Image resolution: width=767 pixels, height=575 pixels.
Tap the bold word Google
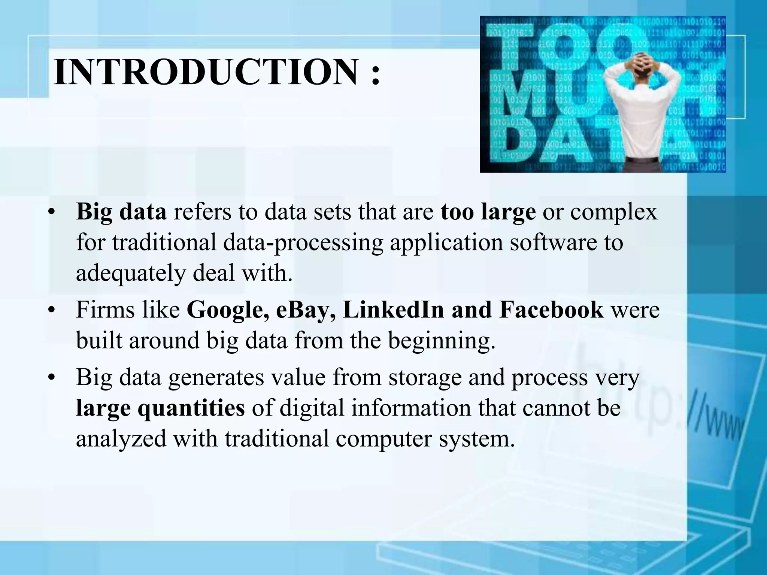(228, 310)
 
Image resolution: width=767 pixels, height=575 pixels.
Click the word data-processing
(303, 243)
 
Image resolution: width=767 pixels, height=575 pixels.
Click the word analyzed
(121, 438)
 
